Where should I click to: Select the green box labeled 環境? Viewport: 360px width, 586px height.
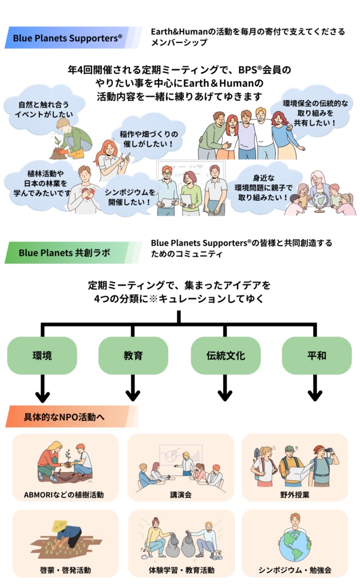42,355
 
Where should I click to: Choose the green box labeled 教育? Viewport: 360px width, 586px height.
133,355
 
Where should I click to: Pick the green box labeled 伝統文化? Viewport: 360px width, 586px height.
226,355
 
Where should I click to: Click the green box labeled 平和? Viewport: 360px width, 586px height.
317,355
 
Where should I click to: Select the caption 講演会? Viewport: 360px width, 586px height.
180,494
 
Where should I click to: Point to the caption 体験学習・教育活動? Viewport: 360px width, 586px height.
180,570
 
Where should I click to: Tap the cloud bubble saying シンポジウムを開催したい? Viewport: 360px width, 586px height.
126,196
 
